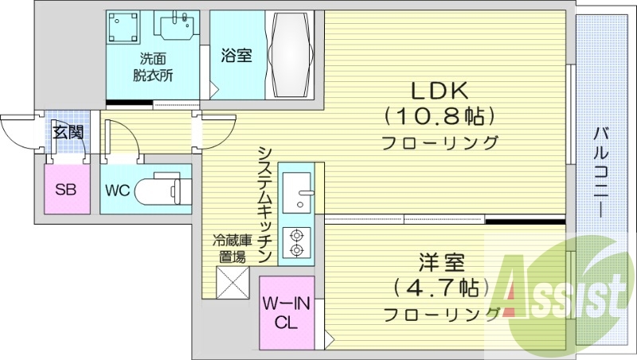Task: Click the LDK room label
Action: tap(438, 88)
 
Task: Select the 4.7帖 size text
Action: tap(436, 286)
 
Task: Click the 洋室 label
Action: tap(437, 261)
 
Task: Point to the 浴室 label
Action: tap(236, 56)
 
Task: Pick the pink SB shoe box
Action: tap(65, 189)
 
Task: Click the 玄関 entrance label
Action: tap(68, 132)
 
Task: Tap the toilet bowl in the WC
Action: tap(163, 191)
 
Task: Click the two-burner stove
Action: tap(297, 243)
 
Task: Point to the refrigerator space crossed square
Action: tap(233, 283)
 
